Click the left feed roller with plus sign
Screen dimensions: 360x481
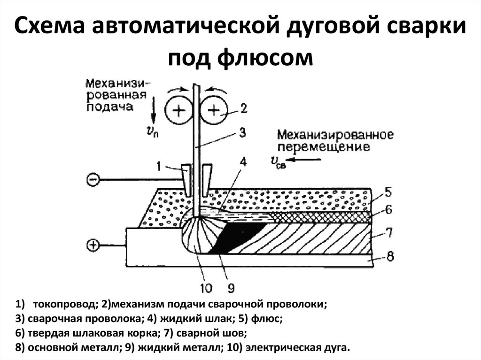179,111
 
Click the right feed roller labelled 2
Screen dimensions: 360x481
214,111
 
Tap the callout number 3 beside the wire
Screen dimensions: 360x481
242,133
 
